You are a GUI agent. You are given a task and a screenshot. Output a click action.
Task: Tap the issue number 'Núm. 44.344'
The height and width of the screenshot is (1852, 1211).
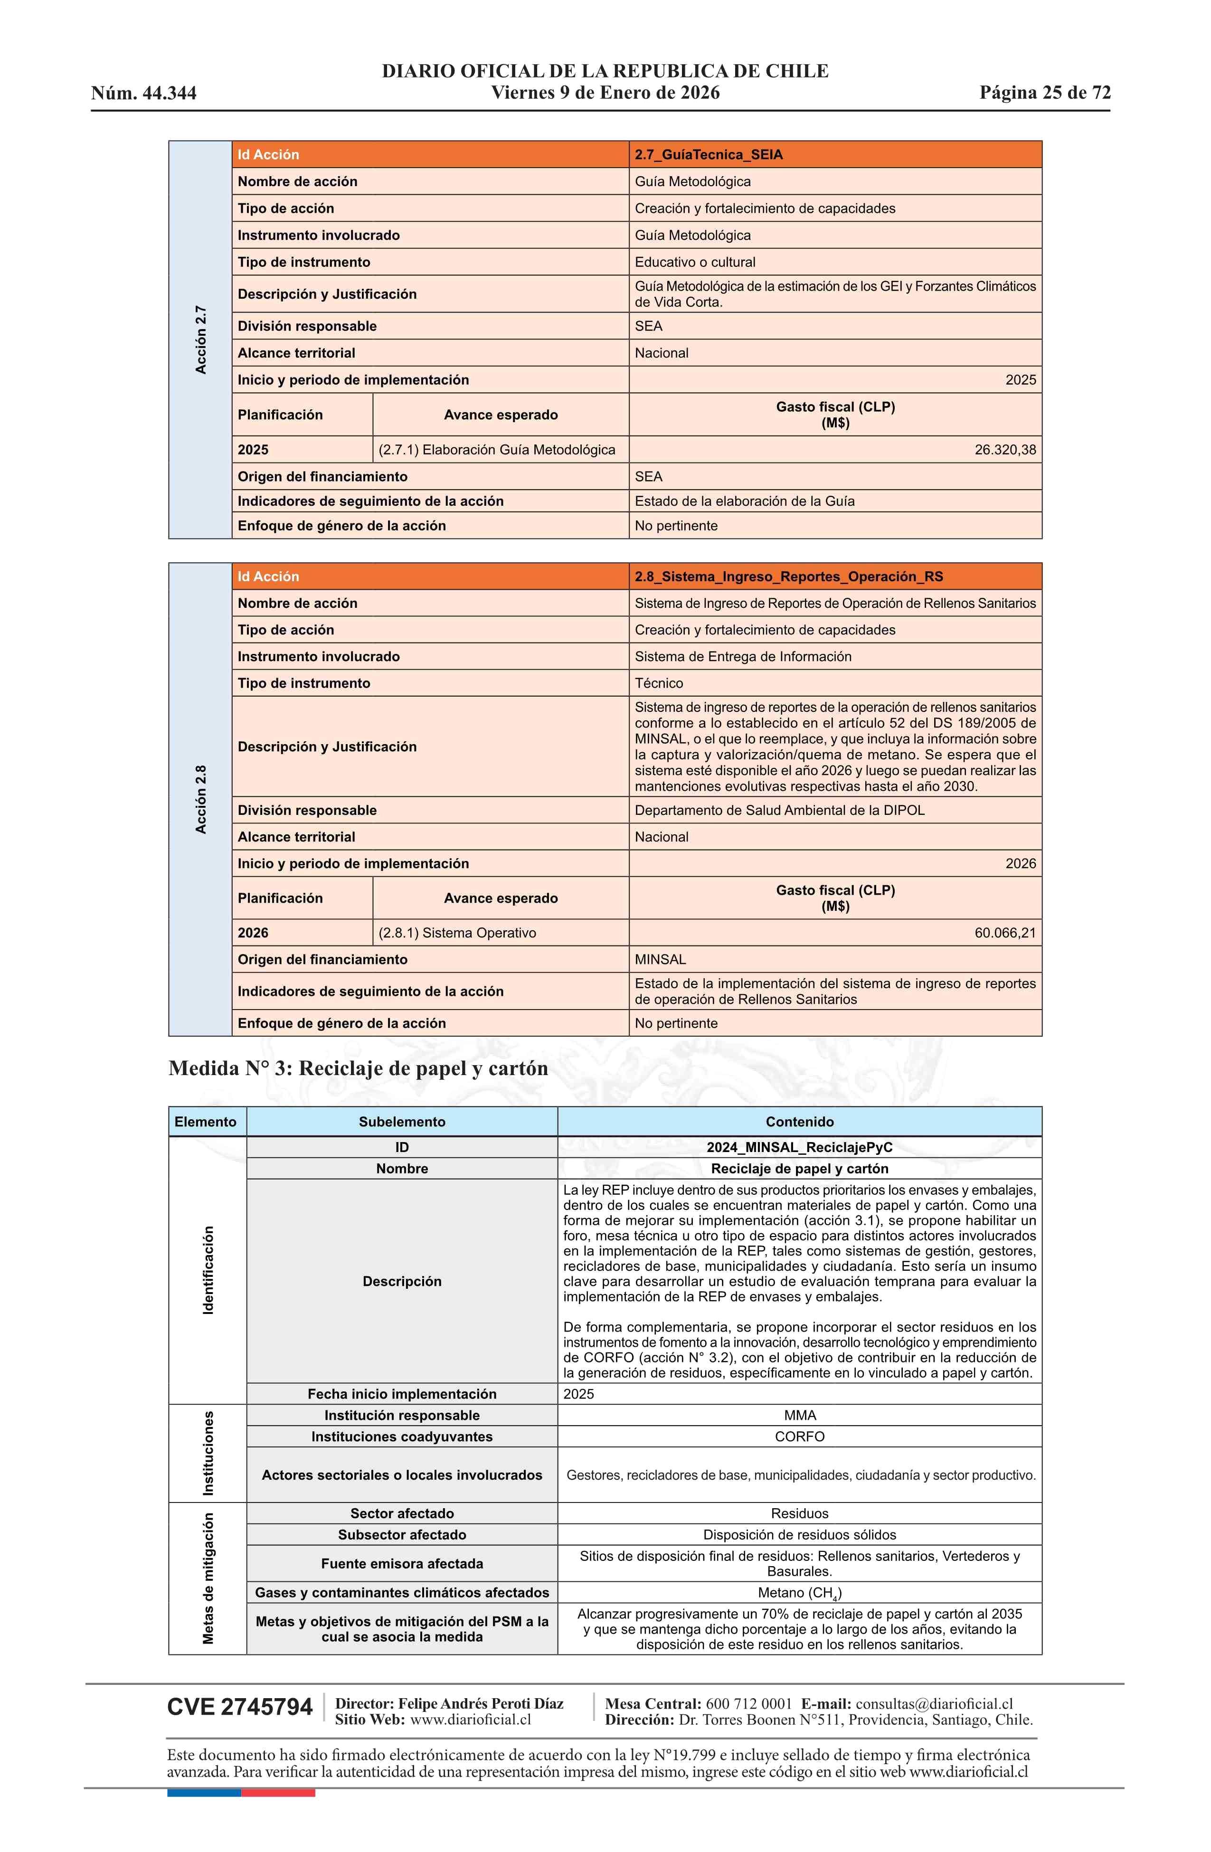pyautogui.click(x=144, y=94)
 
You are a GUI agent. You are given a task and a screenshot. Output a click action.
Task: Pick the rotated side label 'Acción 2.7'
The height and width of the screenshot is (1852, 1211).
pyautogui.click(x=201, y=340)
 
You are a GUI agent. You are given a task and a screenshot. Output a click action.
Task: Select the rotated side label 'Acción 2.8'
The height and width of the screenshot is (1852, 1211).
pyautogui.click(x=201, y=800)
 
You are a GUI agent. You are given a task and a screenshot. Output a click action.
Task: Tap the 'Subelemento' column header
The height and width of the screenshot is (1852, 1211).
pyautogui.click(x=402, y=1122)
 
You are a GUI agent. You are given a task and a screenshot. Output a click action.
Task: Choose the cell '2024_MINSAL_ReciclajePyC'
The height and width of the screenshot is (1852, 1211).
pyautogui.click(x=799, y=1148)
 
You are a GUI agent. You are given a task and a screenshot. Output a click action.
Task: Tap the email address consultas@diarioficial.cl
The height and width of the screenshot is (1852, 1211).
pyautogui.click(x=934, y=1704)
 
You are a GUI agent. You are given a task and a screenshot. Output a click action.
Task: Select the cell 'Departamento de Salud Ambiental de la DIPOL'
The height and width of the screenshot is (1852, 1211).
pyautogui.click(x=779, y=810)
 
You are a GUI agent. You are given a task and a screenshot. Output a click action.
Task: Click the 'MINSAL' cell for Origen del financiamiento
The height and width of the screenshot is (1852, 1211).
pyautogui.click(x=660, y=959)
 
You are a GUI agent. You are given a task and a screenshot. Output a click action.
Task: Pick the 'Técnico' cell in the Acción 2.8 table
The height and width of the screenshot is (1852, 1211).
pyautogui.click(x=658, y=683)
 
